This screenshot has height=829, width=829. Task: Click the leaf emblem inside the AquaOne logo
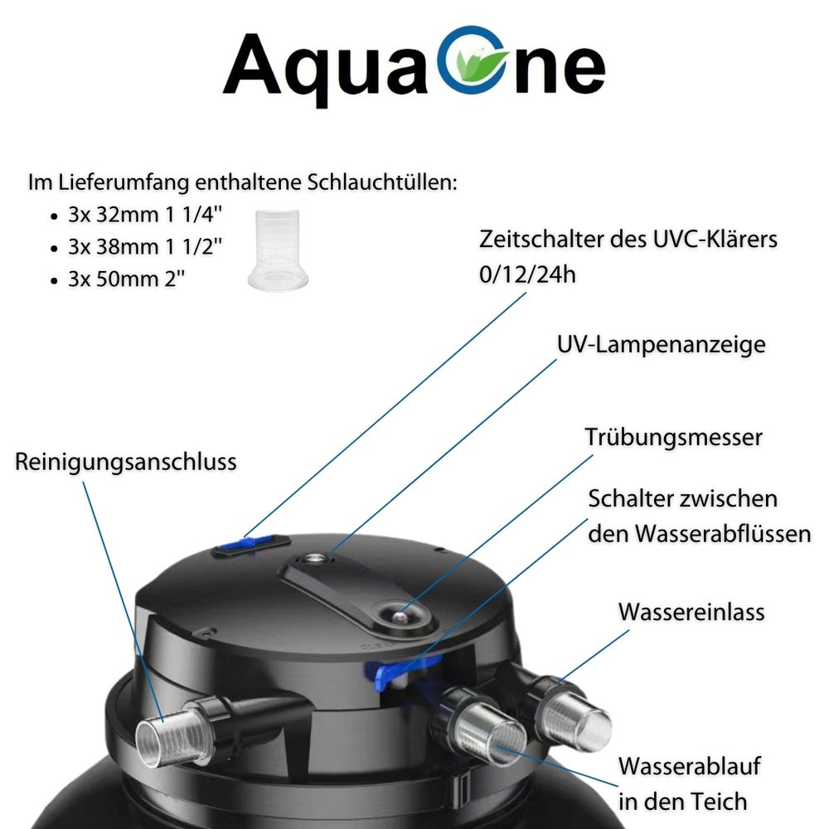[x=473, y=65]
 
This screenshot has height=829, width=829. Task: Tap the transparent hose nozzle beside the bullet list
[x=278, y=250]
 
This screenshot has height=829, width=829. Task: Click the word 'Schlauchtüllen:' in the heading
[x=382, y=182]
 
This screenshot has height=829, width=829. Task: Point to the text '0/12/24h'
[x=527, y=275]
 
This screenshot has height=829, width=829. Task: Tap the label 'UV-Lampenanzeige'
[x=661, y=345]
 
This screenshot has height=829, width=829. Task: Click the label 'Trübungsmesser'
[x=673, y=438]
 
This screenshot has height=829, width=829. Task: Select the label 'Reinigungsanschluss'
[x=126, y=462]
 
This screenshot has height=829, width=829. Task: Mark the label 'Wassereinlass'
[x=691, y=613]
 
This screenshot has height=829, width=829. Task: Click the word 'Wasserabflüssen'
[x=723, y=533]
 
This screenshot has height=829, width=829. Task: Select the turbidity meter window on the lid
[x=400, y=614]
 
